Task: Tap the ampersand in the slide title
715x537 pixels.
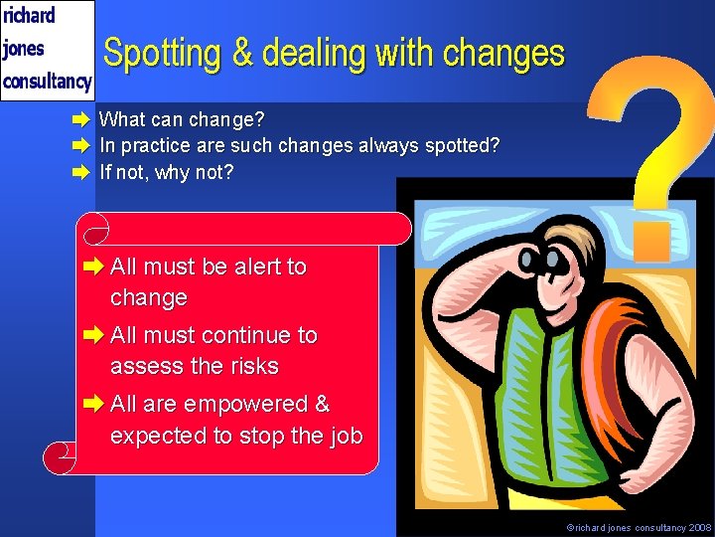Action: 243,53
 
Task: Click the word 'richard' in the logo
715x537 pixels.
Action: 30,15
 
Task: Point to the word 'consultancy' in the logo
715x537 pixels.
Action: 48,81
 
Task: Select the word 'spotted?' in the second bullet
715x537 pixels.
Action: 462,146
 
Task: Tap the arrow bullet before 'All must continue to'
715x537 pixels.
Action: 96,335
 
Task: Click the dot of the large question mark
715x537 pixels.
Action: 652,240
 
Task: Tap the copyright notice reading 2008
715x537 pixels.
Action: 639,528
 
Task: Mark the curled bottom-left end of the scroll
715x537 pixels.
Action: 61,458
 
